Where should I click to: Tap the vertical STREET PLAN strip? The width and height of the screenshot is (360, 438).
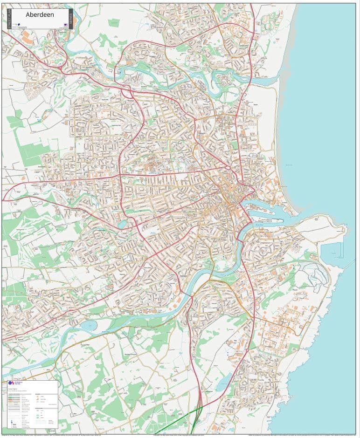pyautogui.click(x=9, y=19)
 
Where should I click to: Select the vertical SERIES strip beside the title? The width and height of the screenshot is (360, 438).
pyautogui.click(x=71, y=19)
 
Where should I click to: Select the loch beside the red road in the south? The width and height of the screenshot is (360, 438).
pyautogui.click(x=224, y=382)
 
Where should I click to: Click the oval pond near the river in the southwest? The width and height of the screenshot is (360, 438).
pyautogui.click(x=88, y=324)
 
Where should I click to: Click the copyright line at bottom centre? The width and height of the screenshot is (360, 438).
pyautogui.click(x=182, y=436)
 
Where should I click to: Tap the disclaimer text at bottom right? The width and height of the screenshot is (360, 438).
pyautogui.click(x=303, y=436)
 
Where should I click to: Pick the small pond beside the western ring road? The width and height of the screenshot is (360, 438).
pyautogui.click(x=122, y=225)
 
